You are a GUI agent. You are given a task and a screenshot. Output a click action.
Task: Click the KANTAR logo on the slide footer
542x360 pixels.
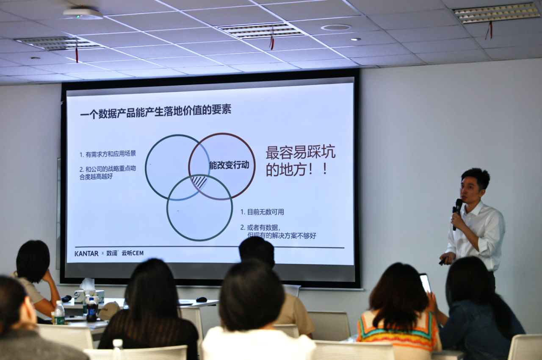click(x=86, y=254)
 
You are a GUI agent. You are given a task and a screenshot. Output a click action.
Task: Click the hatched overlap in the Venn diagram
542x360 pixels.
click(x=199, y=183)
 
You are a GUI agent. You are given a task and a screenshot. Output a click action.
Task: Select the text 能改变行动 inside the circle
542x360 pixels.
click(x=229, y=165)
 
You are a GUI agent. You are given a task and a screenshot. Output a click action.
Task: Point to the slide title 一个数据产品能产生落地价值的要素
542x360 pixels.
click(x=155, y=111)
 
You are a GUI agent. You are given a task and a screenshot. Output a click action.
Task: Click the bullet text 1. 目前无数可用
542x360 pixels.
click(x=262, y=212)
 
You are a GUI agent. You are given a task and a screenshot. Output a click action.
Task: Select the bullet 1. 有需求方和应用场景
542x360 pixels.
click(x=108, y=154)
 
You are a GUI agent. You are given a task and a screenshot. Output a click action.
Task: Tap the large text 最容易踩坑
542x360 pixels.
click(x=301, y=152)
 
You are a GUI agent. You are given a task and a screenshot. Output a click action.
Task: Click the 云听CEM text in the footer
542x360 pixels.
click(x=133, y=253)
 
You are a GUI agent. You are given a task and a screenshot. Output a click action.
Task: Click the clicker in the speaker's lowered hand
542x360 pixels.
click(x=443, y=261)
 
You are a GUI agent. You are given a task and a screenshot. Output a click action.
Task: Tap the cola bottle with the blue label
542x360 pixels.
click(x=91, y=310)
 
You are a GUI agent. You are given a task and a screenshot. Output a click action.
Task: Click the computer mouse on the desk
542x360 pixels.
click(x=201, y=299)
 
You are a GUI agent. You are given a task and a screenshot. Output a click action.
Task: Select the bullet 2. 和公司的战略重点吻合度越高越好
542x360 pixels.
click(x=108, y=172)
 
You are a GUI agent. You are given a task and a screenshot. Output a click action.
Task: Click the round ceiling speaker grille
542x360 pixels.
click(x=336, y=28)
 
